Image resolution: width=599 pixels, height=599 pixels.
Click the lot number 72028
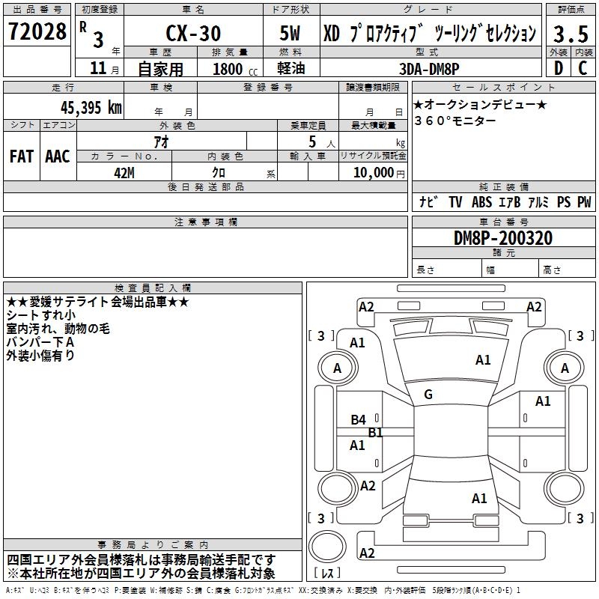37,31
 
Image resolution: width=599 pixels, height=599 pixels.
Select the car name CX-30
192,34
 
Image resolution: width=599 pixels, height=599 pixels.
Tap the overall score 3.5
570,34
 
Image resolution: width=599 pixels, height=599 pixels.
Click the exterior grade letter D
557,67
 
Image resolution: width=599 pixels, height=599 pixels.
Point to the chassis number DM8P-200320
503,238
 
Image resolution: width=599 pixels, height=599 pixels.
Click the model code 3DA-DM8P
429,67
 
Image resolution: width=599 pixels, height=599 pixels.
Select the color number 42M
124,172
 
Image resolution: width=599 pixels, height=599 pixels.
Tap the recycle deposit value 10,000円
373,172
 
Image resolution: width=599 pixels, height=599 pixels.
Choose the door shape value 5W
291,34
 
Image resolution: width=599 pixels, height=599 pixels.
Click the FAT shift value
22,156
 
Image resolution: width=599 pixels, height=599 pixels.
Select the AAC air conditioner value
57,156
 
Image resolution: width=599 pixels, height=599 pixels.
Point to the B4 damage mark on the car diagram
359,420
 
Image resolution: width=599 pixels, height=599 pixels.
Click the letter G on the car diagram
428,395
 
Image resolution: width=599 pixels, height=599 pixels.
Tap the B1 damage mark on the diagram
375,433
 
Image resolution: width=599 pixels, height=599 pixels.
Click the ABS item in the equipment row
481,202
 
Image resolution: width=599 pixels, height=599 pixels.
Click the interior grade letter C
582,67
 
